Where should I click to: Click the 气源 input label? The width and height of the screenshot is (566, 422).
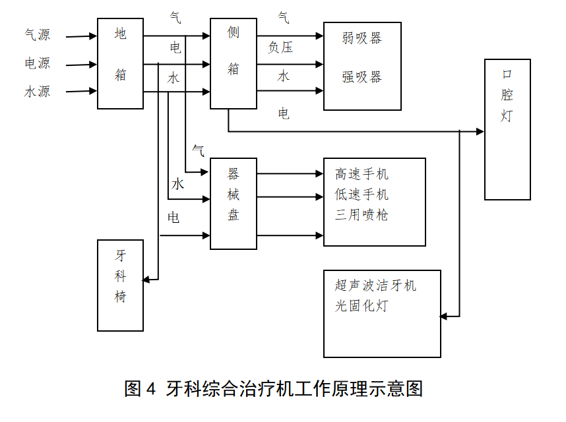pos(37,35)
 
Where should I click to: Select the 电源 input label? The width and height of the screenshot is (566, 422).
pos(37,63)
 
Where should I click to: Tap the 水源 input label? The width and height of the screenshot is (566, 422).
pos(37,91)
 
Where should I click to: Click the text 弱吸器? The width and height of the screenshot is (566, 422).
pos(362,38)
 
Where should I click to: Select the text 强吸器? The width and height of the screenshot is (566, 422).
pos(362,77)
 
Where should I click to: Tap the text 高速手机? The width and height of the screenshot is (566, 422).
pos(362,174)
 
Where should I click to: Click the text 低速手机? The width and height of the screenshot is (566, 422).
pos(362,195)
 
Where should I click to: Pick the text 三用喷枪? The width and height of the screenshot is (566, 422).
pos(362,215)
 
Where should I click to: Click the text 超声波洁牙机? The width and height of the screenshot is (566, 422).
pos(375,286)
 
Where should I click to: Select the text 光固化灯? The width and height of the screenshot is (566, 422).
pos(362,306)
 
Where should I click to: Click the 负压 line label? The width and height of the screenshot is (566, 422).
pos(280,47)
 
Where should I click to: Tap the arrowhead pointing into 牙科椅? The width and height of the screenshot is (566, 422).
pos(146,280)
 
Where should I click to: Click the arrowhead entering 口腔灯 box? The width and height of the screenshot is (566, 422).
pos(480,132)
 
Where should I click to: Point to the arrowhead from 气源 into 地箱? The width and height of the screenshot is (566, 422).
pos(93,36)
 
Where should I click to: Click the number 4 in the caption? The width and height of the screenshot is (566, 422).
pos(151,389)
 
